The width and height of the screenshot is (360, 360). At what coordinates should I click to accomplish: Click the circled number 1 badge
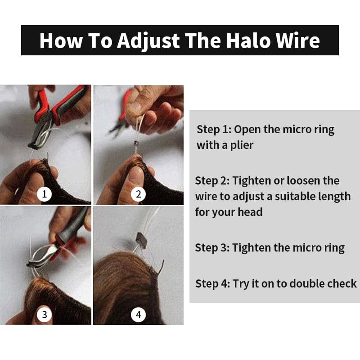44,194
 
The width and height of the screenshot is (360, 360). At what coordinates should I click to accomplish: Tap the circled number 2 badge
138,194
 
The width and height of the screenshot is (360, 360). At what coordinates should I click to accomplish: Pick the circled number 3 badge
44,315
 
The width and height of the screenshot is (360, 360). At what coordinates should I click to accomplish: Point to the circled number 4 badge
138,315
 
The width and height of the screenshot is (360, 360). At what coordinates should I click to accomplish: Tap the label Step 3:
213,248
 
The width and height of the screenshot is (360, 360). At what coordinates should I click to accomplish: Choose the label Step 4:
213,284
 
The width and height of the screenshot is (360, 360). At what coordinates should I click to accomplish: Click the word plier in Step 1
241,145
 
